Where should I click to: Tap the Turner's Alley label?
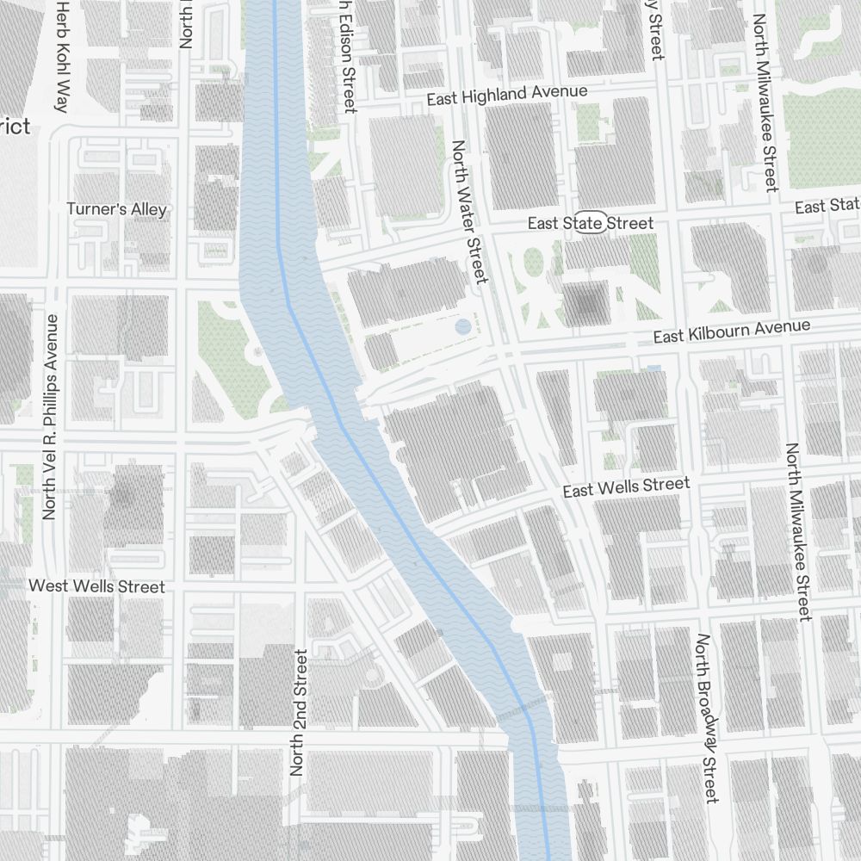coord(117,209)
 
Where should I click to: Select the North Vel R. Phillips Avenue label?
coord(50,417)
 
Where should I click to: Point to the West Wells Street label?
coord(96,586)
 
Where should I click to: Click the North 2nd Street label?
coord(299,713)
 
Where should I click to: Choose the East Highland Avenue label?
coord(507,95)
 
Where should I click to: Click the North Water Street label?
coord(470,212)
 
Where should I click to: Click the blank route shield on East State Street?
coord(592,222)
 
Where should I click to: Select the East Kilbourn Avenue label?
coord(731,331)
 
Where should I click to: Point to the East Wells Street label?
coord(626,487)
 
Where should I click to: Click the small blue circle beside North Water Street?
coord(463,326)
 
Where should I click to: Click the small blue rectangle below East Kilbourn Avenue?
coord(654,369)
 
